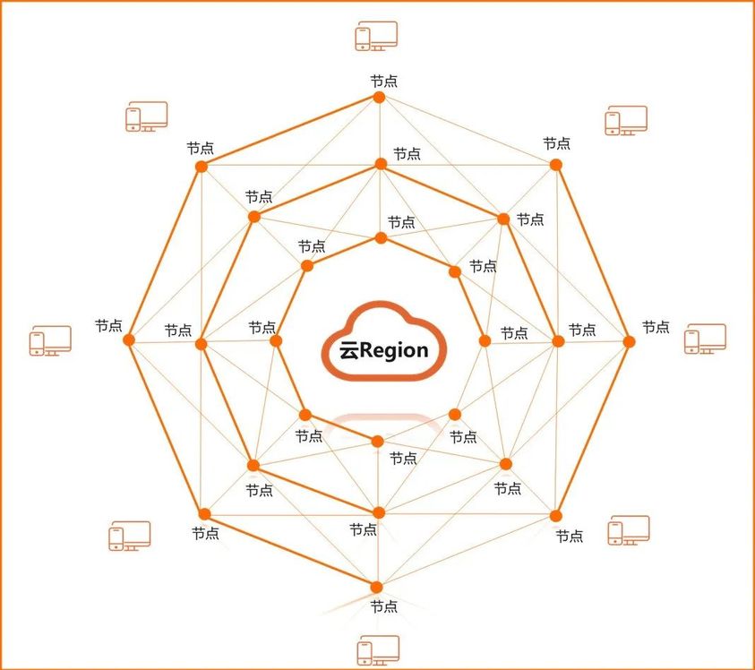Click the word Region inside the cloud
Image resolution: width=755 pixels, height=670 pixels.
pos(395,351)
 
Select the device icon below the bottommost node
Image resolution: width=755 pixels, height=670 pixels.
pos(378,649)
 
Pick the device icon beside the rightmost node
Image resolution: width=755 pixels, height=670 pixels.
pos(705,339)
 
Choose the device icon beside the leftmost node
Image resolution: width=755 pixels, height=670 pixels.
pos(50,340)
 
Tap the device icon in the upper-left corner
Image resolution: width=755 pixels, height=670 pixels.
pos(146,116)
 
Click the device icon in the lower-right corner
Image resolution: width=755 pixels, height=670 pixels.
pos(629,530)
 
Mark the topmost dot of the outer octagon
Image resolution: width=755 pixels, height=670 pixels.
pos(379,98)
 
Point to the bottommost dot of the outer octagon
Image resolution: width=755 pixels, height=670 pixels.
pos(377,587)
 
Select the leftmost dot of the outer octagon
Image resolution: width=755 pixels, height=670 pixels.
pos(129,340)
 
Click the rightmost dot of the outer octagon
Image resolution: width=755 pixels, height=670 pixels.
pos(629,341)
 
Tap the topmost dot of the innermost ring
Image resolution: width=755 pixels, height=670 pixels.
pos(381,238)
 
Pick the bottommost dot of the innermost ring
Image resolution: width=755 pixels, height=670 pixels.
pos(377,441)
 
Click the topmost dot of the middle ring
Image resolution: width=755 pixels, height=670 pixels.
pos(381,164)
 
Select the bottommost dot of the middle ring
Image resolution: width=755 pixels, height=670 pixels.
pos(378,512)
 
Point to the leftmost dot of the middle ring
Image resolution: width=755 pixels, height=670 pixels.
pos(201,344)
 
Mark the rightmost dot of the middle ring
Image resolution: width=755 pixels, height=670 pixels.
pos(558,341)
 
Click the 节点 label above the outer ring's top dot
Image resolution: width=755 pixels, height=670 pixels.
pos(384,81)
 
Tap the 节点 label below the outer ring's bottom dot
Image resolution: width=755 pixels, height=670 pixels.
pos(384,606)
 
